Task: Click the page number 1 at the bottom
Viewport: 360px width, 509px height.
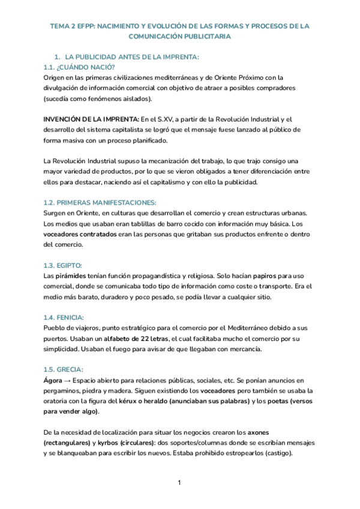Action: click(x=179, y=483)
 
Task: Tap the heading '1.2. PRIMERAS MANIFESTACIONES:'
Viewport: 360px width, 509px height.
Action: click(x=100, y=203)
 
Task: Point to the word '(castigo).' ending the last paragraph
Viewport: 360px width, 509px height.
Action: click(x=273, y=453)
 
